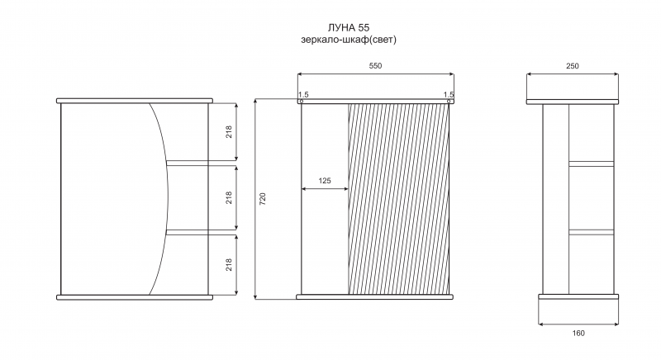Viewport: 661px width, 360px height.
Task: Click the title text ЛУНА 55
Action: [x=348, y=27]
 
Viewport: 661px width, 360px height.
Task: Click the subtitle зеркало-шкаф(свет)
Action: [x=349, y=40]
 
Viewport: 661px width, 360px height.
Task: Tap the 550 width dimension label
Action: [x=375, y=66]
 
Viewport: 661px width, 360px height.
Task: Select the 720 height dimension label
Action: [x=263, y=199]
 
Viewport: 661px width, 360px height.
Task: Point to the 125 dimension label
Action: [x=325, y=181]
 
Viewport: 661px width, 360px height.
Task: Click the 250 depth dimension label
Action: [x=573, y=66]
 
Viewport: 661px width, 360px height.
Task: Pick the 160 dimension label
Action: [x=578, y=333]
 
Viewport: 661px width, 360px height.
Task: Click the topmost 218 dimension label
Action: [x=229, y=132]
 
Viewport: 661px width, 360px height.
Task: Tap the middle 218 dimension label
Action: [x=229, y=198]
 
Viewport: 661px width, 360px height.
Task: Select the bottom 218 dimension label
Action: [x=229, y=264]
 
